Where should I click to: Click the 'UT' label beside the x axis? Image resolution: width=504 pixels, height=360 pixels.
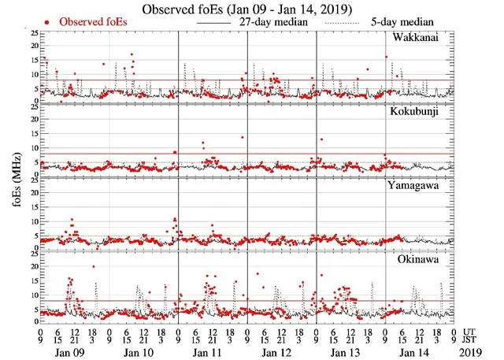coord(471,332)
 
